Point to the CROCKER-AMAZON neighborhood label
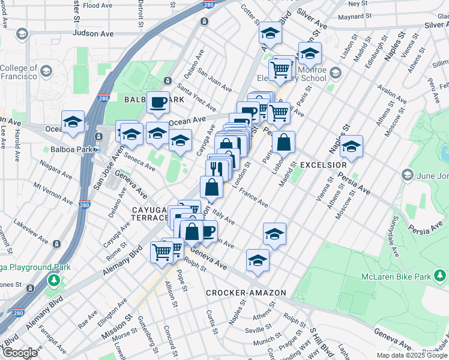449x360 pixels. [246, 293]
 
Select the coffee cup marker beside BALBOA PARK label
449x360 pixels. [158, 102]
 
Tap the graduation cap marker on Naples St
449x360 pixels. [351, 146]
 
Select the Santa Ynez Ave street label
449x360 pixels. [196, 100]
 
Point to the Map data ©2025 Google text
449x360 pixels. [411, 355]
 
